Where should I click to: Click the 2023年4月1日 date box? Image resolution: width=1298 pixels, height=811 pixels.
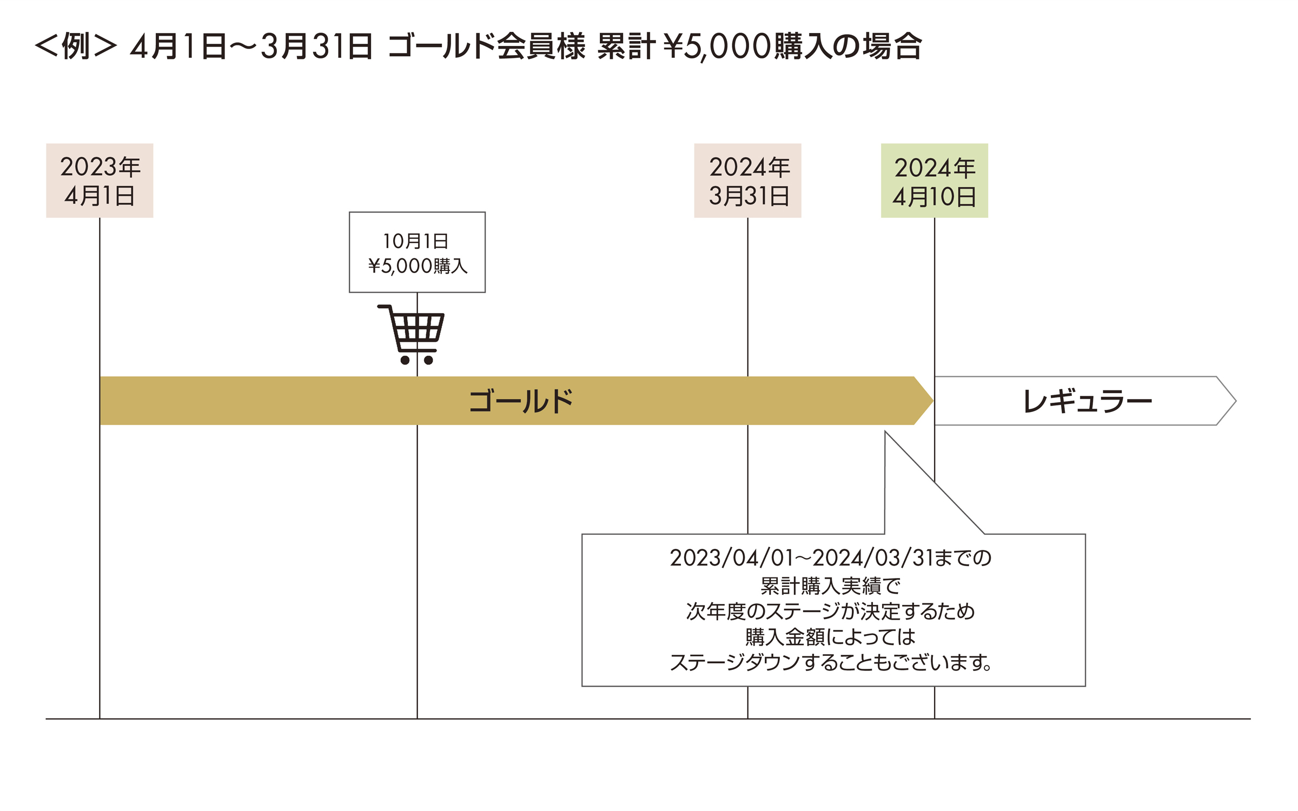[x=100, y=181]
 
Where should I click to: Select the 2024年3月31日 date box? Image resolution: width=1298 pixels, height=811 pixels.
[x=747, y=181]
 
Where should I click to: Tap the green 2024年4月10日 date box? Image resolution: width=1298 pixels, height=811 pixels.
[x=934, y=181]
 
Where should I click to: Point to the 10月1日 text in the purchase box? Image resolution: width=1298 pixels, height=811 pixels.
[x=415, y=241]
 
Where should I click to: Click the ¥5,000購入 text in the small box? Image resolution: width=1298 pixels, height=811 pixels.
[x=418, y=266]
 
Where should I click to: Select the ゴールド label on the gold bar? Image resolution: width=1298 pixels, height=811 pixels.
[x=520, y=401]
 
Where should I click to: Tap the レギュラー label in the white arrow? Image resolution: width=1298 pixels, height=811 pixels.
[x=1087, y=401]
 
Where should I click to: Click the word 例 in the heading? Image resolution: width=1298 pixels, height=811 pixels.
[x=76, y=46]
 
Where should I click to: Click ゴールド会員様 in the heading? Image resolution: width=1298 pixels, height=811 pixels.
[x=487, y=46]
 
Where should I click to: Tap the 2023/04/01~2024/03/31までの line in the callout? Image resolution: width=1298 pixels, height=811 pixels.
[x=830, y=558]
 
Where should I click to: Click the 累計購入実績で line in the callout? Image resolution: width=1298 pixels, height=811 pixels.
[x=830, y=586]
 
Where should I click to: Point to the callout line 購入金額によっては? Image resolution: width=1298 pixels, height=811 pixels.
[x=830, y=637]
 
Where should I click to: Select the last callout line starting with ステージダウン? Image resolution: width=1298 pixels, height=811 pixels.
[x=830, y=662]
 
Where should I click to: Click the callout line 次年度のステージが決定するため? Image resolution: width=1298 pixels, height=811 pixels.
[x=830, y=611]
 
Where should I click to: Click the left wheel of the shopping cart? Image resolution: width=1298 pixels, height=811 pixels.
[x=405, y=360]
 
